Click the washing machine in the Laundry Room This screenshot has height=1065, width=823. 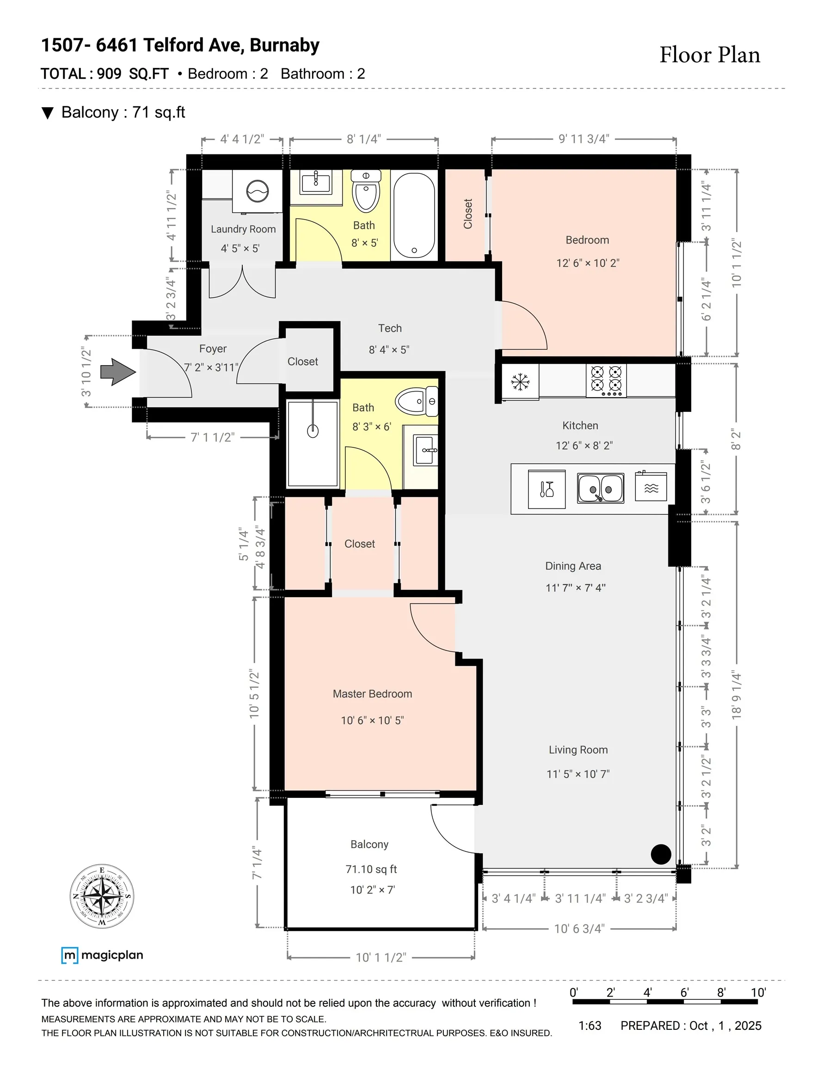257,191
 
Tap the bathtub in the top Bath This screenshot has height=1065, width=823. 414,215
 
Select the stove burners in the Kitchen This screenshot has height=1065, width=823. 606,380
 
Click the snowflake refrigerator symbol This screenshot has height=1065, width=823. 520,382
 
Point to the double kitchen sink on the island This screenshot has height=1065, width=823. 600,488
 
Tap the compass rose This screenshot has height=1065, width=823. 102,896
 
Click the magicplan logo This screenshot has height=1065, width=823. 103,955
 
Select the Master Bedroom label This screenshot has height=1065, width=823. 372,694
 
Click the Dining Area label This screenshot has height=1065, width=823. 573,566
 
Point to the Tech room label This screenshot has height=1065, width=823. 390,328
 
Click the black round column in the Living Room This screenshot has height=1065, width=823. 661,854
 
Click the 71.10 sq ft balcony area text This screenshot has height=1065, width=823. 371,869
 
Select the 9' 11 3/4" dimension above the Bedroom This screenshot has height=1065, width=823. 584,139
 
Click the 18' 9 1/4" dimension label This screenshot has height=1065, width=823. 736,695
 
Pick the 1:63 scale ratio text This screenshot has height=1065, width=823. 590,1026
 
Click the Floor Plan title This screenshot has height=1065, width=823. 710,55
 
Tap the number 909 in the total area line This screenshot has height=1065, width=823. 109,73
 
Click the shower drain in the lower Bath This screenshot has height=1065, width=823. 313,431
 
